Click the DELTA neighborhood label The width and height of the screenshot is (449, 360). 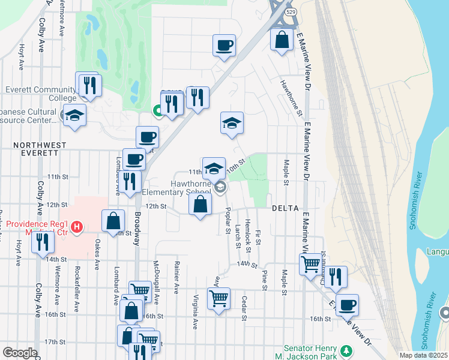point(286,208)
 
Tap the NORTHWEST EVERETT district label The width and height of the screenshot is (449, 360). point(40,149)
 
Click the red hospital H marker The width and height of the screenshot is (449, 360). point(77,227)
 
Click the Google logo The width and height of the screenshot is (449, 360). point(20,352)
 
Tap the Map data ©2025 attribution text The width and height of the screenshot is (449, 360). point(423,355)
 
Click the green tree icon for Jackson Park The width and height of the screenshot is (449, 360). point(346,350)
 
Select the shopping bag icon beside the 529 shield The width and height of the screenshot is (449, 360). point(282,40)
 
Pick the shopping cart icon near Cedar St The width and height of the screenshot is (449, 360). point(218,298)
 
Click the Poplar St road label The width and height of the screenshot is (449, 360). point(228,220)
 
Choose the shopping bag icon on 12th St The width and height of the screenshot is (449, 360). point(200,203)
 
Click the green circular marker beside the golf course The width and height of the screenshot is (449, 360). point(157,110)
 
